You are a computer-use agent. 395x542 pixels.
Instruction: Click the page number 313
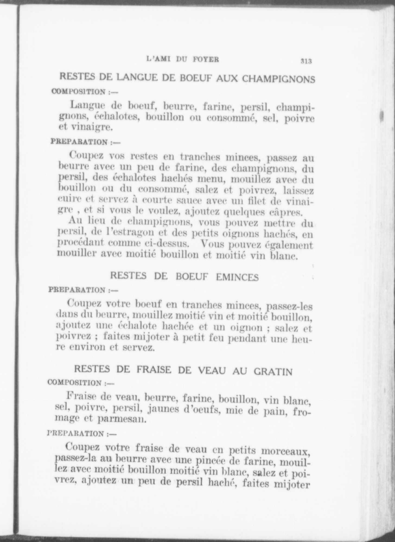pos(306,61)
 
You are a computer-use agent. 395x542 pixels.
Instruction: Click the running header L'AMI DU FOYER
pos(183,59)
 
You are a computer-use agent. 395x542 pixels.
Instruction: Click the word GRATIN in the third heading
pos(273,372)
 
